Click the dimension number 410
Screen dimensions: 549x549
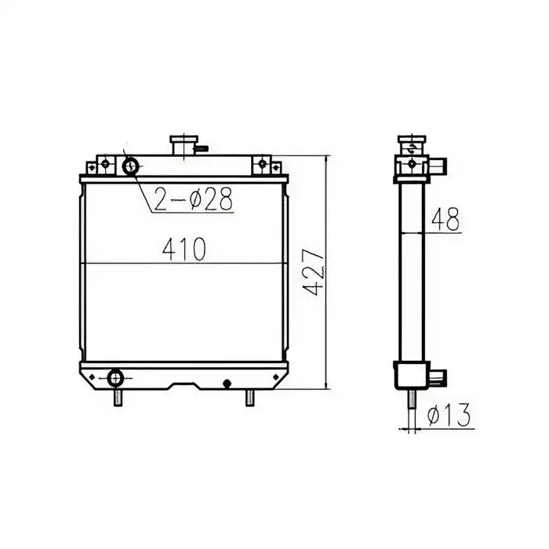click(x=184, y=249)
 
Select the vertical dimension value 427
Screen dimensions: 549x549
click(x=314, y=274)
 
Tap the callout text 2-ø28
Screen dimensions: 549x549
click(x=193, y=200)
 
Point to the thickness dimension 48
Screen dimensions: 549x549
click(x=444, y=220)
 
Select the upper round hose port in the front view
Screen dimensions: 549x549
click(x=130, y=165)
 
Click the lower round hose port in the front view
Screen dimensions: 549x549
click(x=116, y=378)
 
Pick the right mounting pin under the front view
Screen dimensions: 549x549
click(x=249, y=398)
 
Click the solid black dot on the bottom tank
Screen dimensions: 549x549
click(x=227, y=384)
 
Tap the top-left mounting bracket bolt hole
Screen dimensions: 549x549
click(x=101, y=165)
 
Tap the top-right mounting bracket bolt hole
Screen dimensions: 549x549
click(x=261, y=165)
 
